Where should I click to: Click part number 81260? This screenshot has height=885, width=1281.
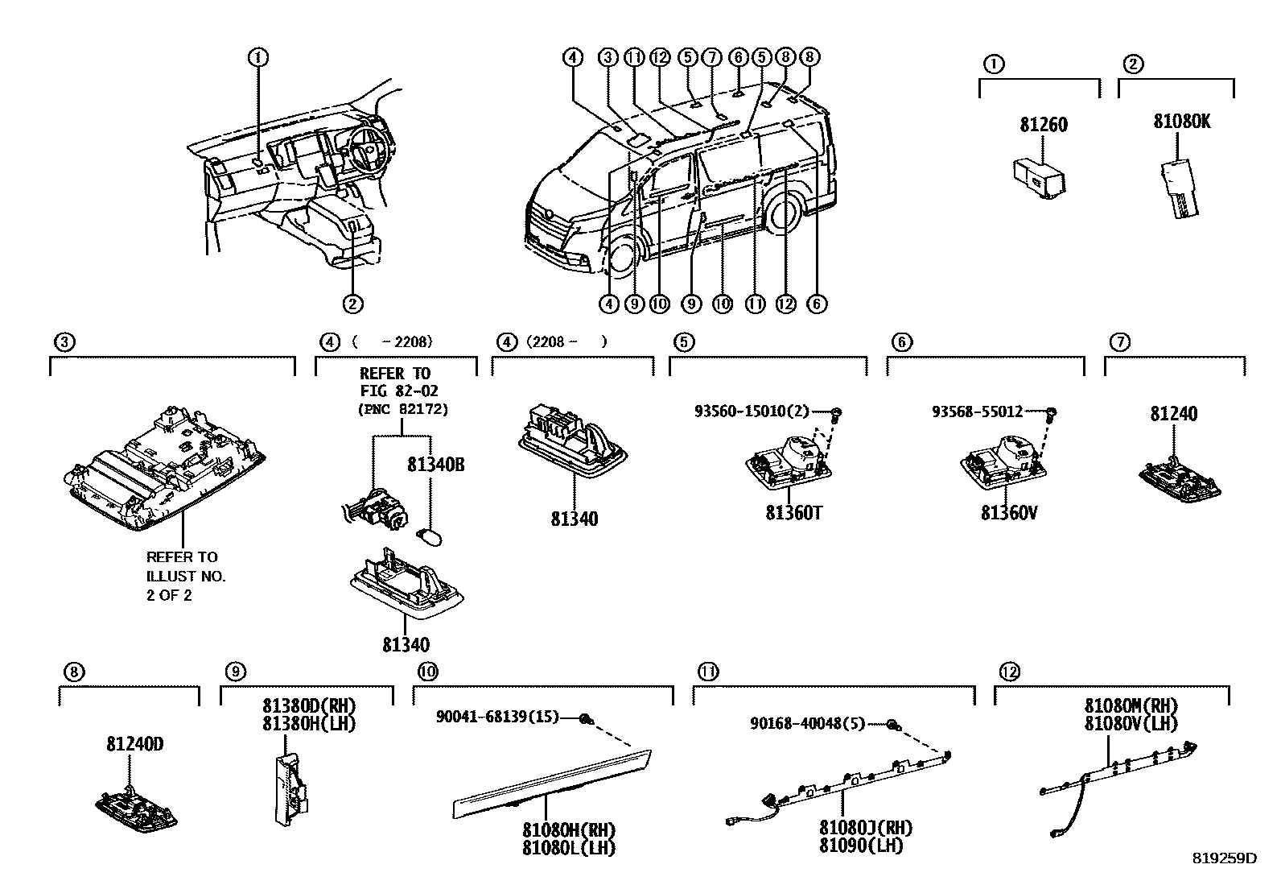pos(1043,125)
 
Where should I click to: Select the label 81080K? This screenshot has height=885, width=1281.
pos(1181,122)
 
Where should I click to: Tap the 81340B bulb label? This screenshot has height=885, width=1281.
pos(435,465)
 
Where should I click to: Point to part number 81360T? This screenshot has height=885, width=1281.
pos(793,513)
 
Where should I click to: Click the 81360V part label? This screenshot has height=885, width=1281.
pos(1009,513)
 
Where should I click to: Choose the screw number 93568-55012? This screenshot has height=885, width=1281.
pos(977,411)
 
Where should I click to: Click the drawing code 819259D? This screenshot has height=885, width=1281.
pos(1224,858)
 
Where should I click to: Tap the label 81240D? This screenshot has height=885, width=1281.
pos(134,744)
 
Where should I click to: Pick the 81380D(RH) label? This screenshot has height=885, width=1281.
pos(308,706)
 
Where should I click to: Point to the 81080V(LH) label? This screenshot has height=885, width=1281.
pos(1131,724)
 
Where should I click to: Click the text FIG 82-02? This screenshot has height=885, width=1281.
pos(395,391)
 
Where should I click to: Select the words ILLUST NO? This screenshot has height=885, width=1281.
pos(186,576)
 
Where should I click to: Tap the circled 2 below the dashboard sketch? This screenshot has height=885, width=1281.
pos(352,304)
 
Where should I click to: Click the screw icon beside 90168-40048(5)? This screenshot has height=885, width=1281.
pos(893,725)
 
